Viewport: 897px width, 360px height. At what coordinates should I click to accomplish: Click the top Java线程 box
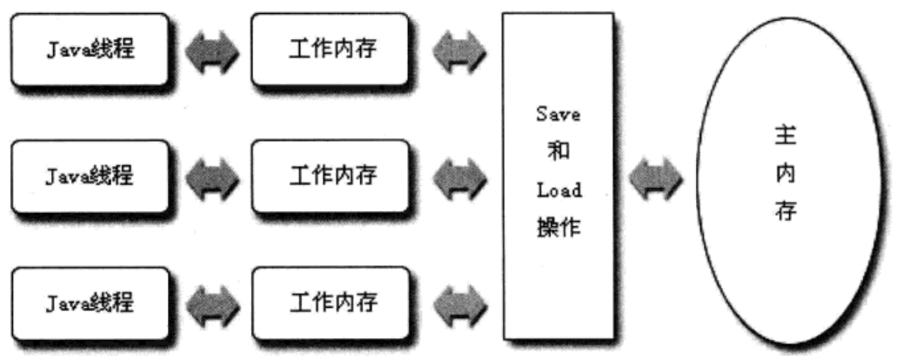point(90,50)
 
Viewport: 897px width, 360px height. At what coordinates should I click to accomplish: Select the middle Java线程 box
point(90,176)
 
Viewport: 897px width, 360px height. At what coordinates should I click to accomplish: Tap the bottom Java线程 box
point(90,304)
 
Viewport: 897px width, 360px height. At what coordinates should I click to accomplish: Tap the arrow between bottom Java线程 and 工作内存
point(211,304)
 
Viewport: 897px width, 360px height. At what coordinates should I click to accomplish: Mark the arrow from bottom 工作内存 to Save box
point(459,304)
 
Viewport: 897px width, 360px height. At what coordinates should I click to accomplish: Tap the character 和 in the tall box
point(559,152)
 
